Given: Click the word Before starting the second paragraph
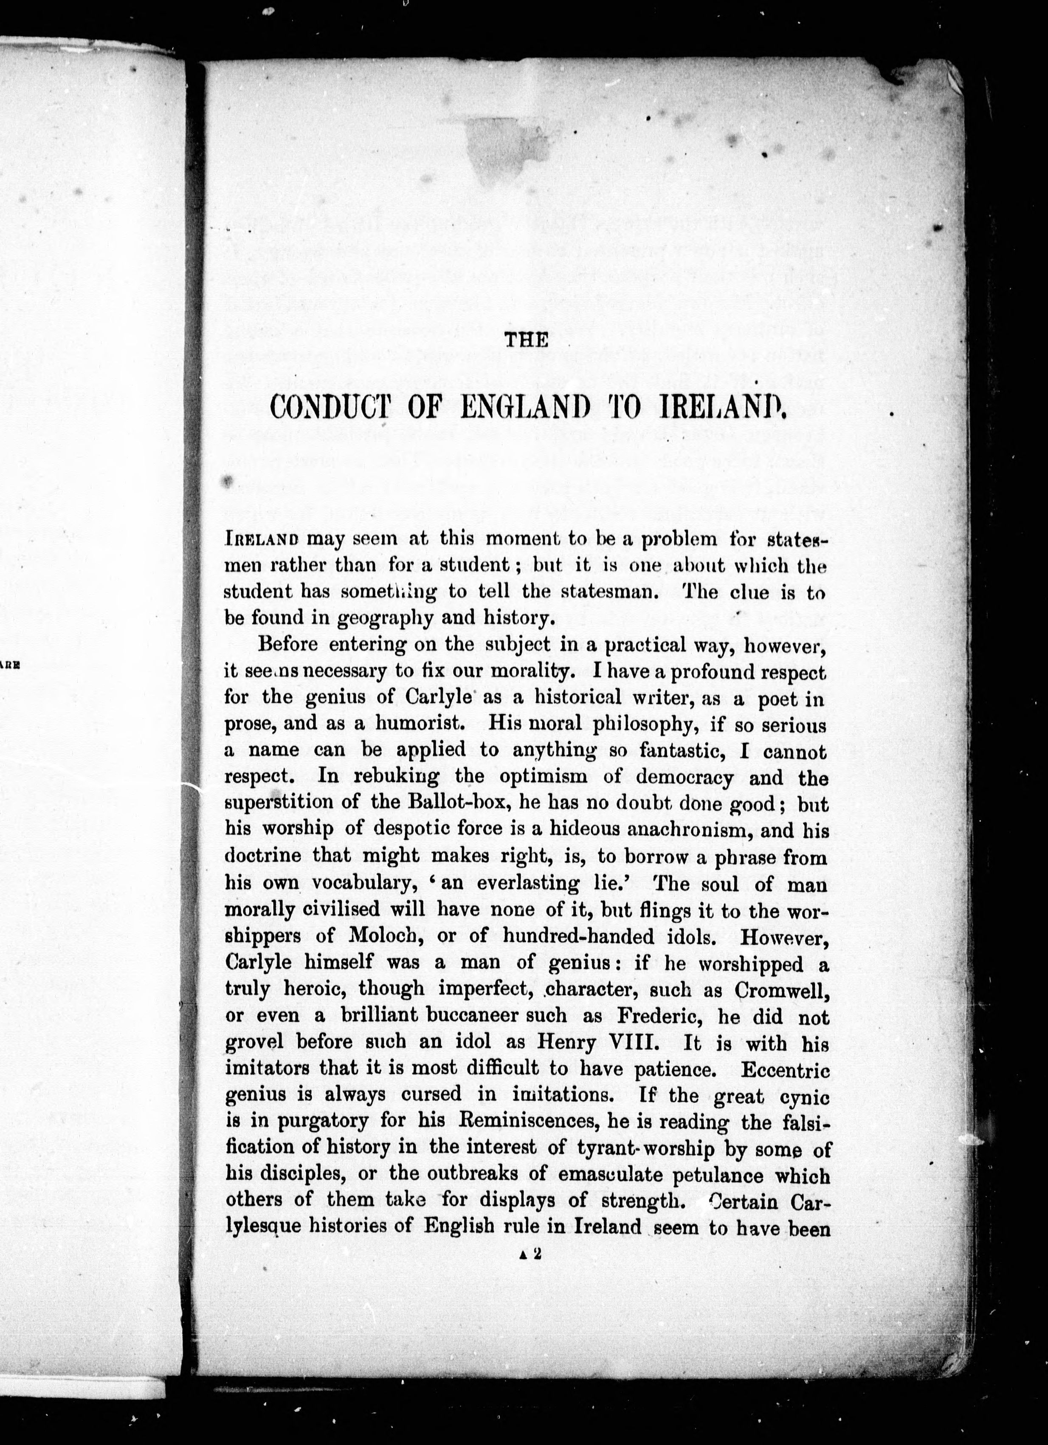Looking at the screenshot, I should point(288,644).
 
